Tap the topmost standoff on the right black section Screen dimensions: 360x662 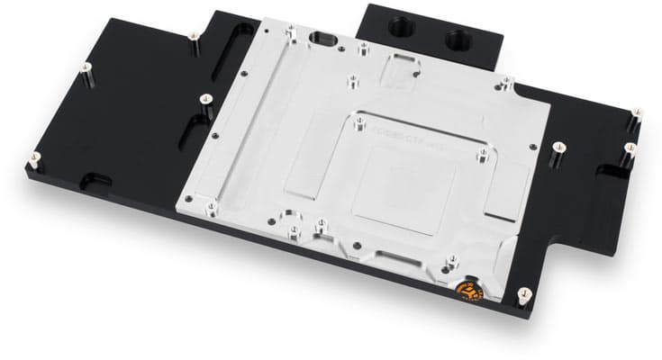pyautogui.click(x=637, y=114)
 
